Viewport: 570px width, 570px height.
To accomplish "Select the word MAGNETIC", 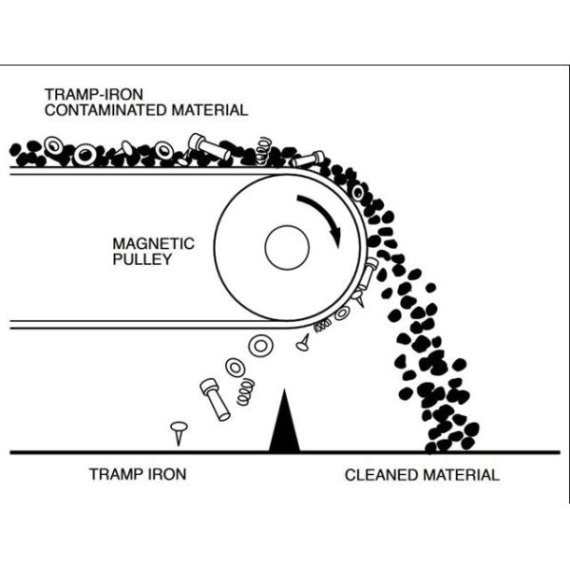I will (x=153, y=243).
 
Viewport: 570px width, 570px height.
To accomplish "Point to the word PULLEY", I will (x=142, y=258).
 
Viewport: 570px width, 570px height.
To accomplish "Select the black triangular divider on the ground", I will (x=284, y=421).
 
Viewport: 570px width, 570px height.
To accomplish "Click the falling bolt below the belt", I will (x=214, y=398).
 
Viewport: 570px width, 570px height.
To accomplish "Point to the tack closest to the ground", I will (x=178, y=431).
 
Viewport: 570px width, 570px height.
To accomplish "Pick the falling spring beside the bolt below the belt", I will (x=244, y=389).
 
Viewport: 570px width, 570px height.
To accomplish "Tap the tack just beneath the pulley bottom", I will (x=303, y=340).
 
